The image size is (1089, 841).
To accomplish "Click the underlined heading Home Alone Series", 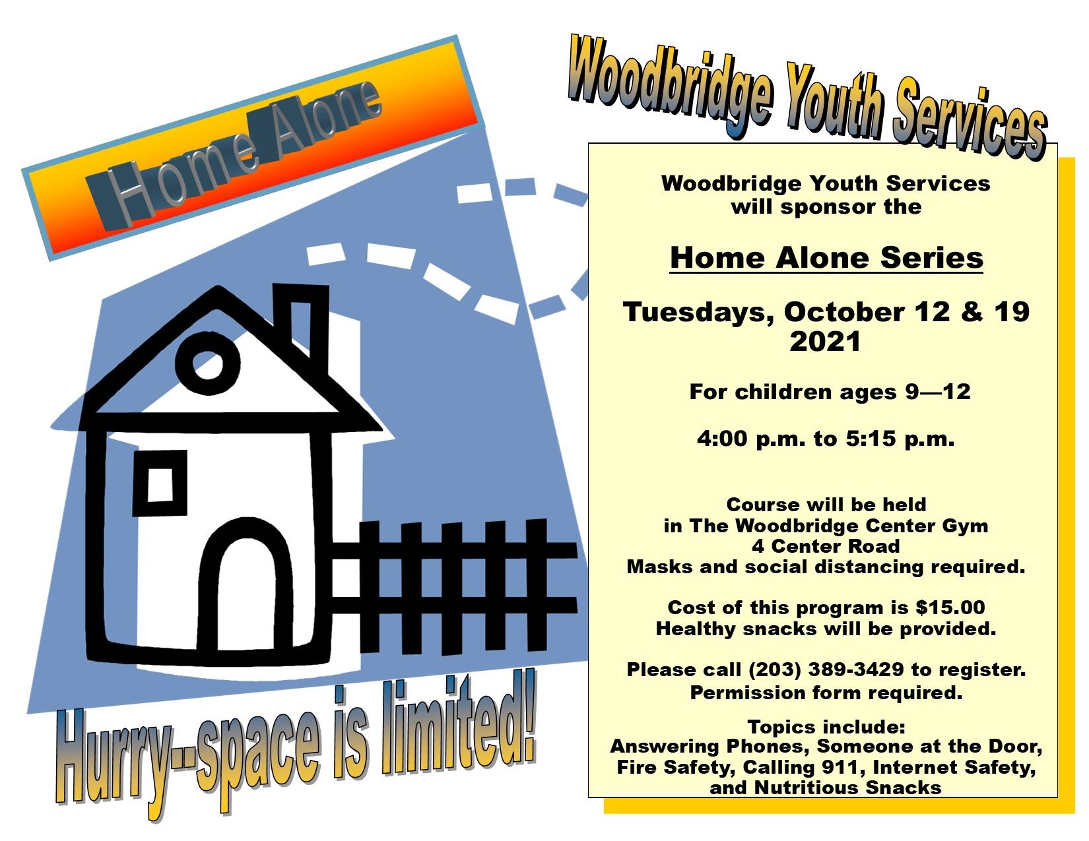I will [x=826, y=257].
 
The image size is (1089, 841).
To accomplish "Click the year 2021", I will [x=826, y=342].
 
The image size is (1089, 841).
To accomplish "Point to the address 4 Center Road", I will [x=826, y=546].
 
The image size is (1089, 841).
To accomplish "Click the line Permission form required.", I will [x=826, y=693].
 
